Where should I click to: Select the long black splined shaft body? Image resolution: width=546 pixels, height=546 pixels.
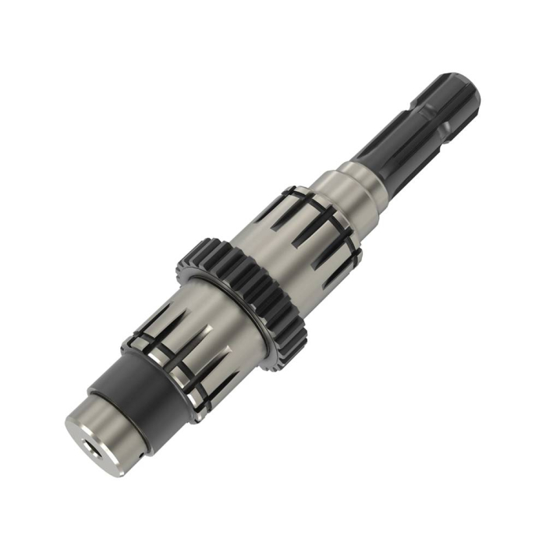pos(421,125)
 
